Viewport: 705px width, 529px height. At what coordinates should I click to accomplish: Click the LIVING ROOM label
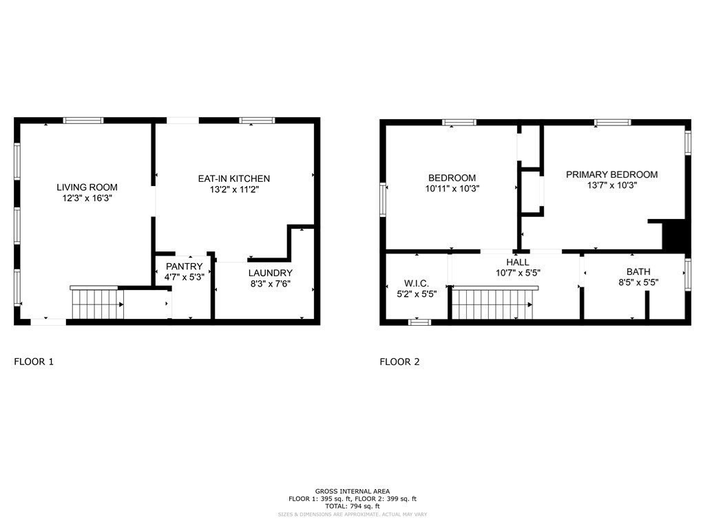87,187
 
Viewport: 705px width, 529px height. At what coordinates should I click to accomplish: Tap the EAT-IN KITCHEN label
234,178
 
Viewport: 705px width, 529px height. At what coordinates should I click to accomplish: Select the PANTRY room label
184,267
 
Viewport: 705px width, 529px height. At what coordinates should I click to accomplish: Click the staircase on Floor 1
96,304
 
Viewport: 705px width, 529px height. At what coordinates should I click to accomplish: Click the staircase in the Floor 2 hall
492,304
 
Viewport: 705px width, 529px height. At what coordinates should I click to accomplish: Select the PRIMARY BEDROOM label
611,174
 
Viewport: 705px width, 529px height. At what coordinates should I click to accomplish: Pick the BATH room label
638,271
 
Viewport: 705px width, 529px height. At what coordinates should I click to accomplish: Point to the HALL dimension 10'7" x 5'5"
518,273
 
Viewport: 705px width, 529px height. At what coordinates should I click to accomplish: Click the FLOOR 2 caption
399,361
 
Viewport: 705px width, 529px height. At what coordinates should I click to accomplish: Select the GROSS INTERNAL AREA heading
352,490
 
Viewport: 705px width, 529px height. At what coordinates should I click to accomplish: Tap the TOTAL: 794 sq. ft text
352,506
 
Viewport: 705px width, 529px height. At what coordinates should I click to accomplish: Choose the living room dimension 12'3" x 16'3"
87,198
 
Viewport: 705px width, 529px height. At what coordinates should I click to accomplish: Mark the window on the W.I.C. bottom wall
419,322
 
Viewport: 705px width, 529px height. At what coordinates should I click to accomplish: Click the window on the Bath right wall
687,274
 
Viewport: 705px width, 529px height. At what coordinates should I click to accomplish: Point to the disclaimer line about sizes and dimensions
352,515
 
